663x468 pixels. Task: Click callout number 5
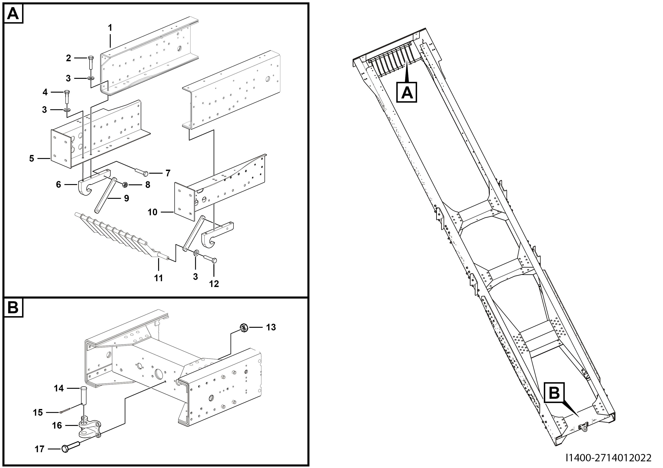pyautogui.click(x=32, y=158)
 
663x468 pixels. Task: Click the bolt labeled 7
pyautogui.click(x=141, y=173)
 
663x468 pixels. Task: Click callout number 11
pyautogui.click(x=159, y=278)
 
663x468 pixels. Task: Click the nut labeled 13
pyautogui.click(x=243, y=327)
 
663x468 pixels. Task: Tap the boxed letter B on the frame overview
pyautogui.click(x=554, y=392)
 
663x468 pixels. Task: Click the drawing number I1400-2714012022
pyautogui.click(x=608, y=458)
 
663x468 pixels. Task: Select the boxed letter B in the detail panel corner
pyautogui.click(x=13, y=308)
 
